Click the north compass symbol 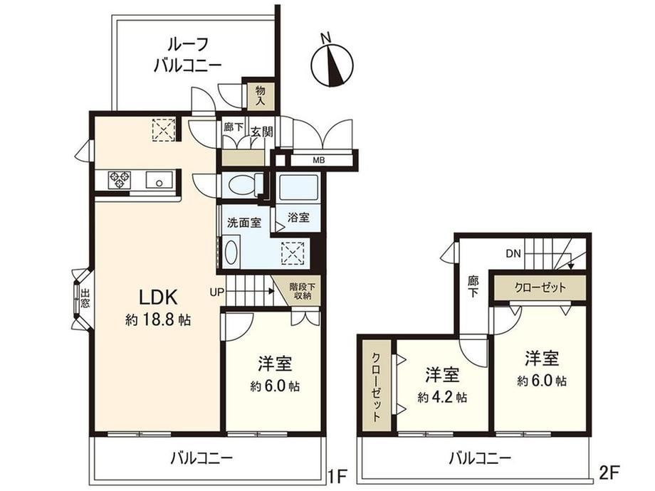pos(332,64)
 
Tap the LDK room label pos(158,297)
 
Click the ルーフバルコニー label pos(187,55)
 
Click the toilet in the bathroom pos(243,185)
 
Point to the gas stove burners pos(120,179)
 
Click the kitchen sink pos(159,179)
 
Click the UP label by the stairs pos(217,292)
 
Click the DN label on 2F pos(513,253)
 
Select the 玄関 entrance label pos(261,132)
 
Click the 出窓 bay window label pos(85,299)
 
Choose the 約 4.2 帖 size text pos(442,397)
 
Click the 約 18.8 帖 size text pos(158,320)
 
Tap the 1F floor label pos(337,476)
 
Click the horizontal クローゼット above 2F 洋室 pos(540,287)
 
